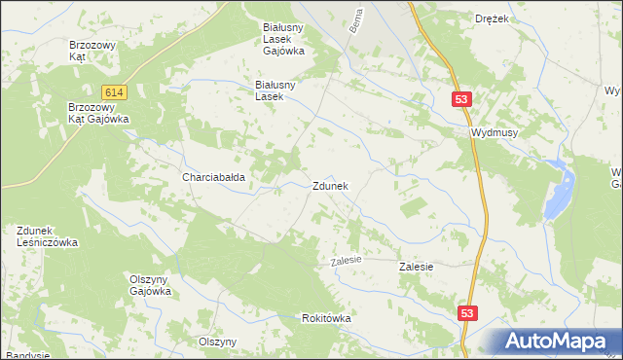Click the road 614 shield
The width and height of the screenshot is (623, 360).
pos(115,91)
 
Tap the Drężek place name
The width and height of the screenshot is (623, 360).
pos(493,18)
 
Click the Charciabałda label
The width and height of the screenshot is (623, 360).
pos(213,178)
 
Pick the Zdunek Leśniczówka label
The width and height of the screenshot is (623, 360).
pos(47,236)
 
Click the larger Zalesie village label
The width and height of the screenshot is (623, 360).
pos(417,266)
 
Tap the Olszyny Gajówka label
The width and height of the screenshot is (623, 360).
pos(151,284)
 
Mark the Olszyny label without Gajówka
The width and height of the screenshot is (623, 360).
pos(218,342)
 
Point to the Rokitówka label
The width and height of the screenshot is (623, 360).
pos(326,318)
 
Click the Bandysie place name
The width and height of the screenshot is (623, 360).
pos(26,355)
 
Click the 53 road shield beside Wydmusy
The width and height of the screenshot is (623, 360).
pos(462,99)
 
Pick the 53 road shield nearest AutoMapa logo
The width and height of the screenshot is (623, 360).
pos(469,312)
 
